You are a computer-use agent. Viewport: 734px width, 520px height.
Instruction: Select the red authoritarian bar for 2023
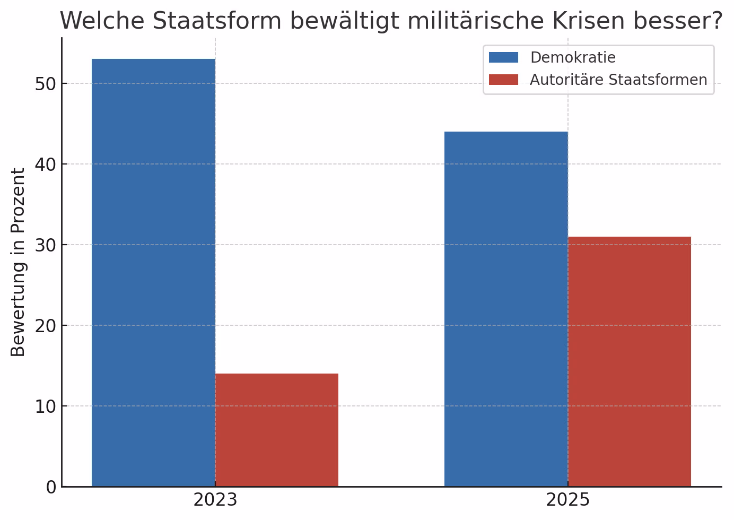click(x=276, y=430)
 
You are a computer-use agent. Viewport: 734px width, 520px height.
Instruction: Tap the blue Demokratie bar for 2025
click(x=506, y=309)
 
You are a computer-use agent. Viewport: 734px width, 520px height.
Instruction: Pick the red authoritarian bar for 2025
click(x=629, y=361)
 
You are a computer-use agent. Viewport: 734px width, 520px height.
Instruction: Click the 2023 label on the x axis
click(x=215, y=500)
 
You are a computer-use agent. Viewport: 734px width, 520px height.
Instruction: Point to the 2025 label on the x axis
click(x=567, y=500)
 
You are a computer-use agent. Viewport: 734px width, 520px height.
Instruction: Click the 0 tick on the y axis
click(x=51, y=487)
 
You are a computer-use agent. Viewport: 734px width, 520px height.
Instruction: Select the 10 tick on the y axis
click(x=46, y=406)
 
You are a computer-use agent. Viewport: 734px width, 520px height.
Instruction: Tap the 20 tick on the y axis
click(x=46, y=326)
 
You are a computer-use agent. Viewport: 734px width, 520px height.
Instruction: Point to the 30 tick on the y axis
click(x=46, y=245)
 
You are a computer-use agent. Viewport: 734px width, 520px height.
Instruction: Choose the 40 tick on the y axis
click(x=46, y=164)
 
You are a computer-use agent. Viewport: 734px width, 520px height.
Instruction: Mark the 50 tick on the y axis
click(x=46, y=84)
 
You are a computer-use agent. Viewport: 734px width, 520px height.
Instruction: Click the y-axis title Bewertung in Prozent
click(x=19, y=262)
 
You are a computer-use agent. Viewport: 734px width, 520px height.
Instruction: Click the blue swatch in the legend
click(x=503, y=57)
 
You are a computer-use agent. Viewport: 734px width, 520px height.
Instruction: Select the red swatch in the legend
click(x=503, y=80)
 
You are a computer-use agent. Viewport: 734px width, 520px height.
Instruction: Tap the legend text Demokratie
click(x=573, y=57)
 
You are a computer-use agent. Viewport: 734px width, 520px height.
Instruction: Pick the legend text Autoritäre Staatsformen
click(x=618, y=80)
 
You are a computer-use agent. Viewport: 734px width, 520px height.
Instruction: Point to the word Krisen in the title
click(x=588, y=21)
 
